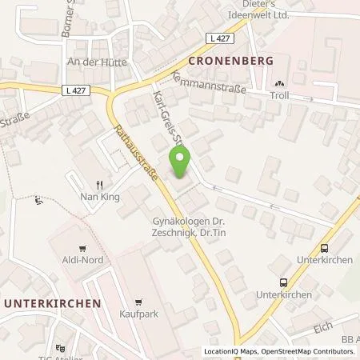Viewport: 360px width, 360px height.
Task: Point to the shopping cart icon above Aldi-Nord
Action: [x=82, y=250]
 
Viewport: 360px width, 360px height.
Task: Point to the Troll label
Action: [x=279, y=94]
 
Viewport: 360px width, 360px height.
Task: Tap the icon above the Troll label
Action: [x=279, y=82]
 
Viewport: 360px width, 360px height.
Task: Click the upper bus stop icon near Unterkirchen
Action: [x=324, y=249]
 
